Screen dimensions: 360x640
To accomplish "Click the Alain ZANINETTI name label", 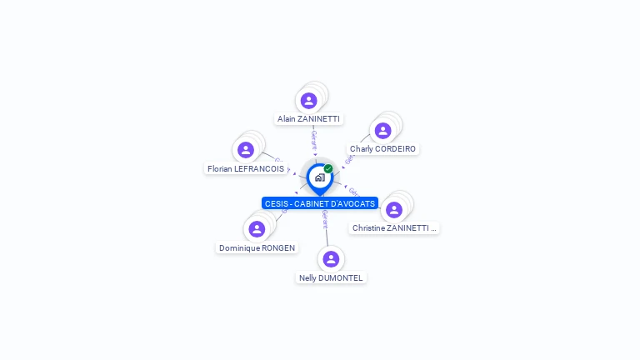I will (x=308, y=119).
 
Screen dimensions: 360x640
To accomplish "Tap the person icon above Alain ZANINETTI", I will (x=309, y=101).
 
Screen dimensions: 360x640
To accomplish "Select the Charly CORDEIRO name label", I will (x=382, y=149).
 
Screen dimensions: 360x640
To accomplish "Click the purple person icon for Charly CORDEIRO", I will (x=382, y=130).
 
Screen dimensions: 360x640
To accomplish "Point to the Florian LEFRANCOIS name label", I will (x=245, y=168).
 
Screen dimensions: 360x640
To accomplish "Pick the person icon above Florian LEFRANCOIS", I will (x=245, y=150).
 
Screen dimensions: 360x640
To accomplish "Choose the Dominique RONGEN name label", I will (x=257, y=248).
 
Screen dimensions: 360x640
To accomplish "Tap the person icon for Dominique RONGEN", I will (x=257, y=228).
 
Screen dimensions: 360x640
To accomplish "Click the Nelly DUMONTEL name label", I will (x=331, y=277).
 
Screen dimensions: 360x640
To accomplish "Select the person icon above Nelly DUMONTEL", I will (x=331, y=258).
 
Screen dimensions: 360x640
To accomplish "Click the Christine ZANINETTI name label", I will (x=393, y=227).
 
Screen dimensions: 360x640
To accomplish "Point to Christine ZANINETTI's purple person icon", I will (x=394, y=209).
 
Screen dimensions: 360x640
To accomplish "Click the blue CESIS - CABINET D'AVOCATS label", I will (x=320, y=203).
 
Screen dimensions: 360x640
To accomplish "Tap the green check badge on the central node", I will (x=328, y=168).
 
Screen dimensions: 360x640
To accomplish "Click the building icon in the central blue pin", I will (x=319, y=177).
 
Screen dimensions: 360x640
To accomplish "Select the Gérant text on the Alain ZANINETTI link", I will (x=313, y=139).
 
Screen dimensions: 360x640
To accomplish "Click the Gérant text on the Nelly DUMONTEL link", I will (x=325, y=221).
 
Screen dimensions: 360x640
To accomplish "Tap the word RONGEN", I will (x=278, y=248).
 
